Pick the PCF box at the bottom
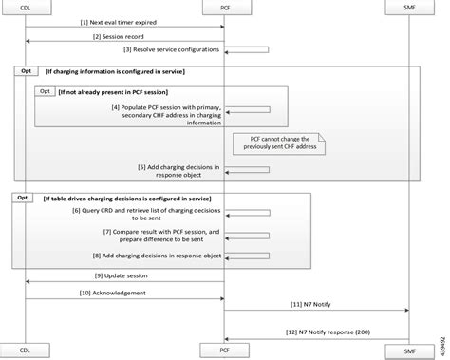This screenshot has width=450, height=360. tap(224, 351)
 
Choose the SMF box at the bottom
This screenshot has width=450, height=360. tap(410, 351)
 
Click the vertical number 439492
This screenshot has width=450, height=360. tap(442, 335)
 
